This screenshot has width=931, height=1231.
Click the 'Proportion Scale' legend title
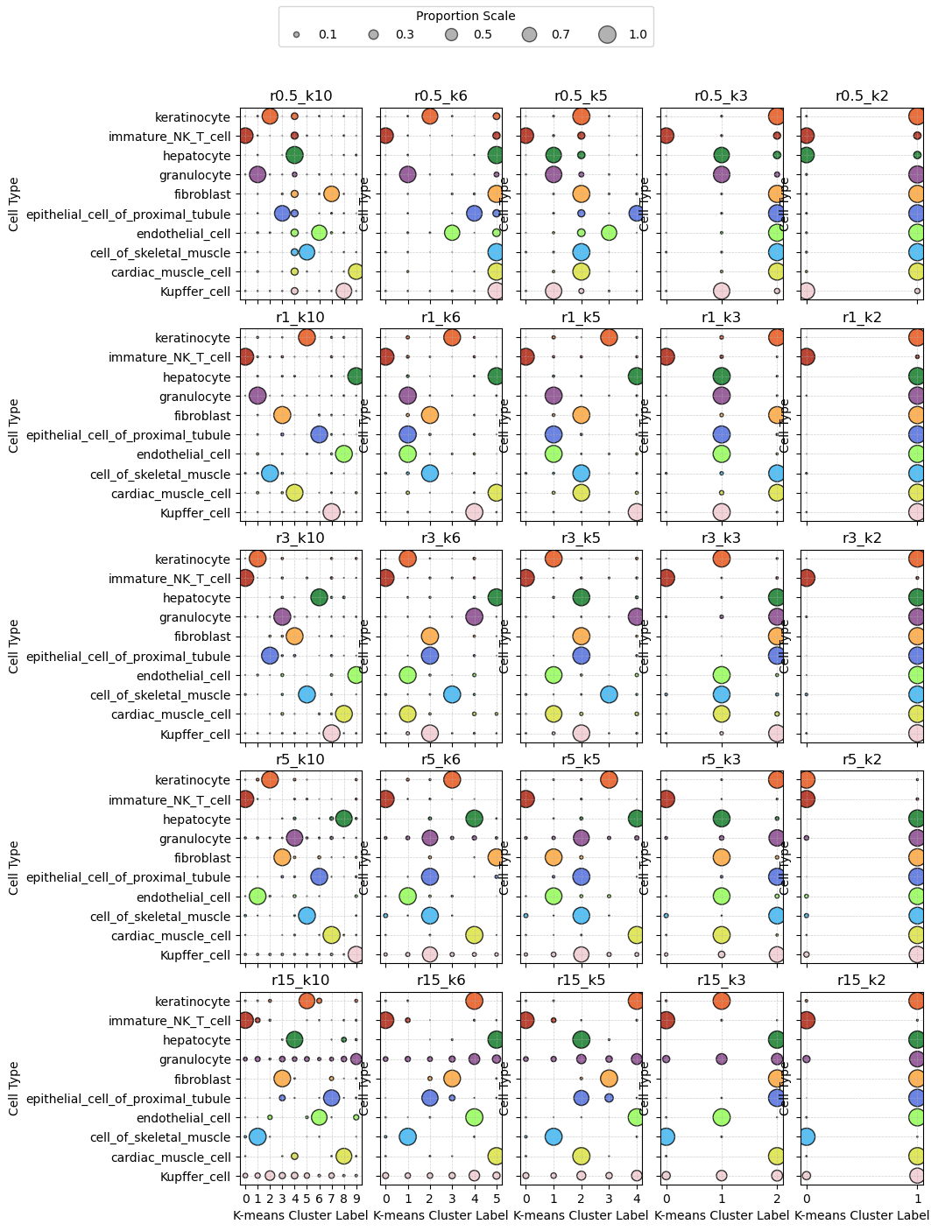(x=465, y=16)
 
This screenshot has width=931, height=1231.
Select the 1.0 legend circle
(x=608, y=35)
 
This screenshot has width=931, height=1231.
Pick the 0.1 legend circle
(x=297, y=35)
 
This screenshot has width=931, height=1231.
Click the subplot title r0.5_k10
(x=300, y=96)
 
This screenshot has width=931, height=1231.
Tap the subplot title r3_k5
(x=581, y=538)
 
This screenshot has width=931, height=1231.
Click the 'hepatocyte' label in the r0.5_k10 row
(x=197, y=156)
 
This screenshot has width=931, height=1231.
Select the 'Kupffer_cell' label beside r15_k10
(x=195, y=1177)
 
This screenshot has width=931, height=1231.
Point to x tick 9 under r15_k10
(x=356, y=1198)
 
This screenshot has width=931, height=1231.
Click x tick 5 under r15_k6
(x=496, y=1198)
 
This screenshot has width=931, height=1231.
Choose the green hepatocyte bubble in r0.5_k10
(x=294, y=155)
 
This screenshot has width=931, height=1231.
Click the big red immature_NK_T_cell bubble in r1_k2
(x=807, y=356)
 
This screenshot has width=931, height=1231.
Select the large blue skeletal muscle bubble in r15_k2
(x=807, y=1136)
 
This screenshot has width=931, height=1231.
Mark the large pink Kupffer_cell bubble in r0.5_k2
(x=807, y=291)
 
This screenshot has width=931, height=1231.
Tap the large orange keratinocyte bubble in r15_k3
(x=722, y=1001)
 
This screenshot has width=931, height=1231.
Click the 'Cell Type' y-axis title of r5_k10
(x=14, y=867)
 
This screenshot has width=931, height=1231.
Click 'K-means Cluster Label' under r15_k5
(x=581, y=1215)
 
